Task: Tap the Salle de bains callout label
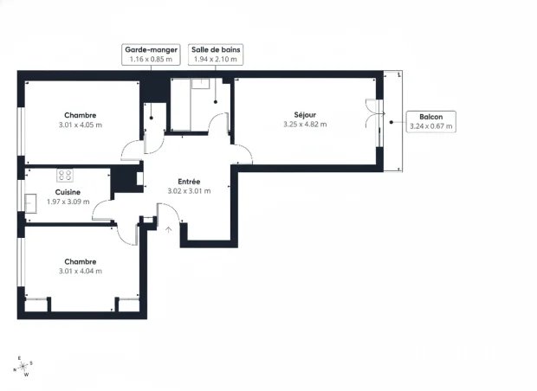(215, 55)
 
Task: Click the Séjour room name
(304, 115)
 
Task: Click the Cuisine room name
(68, 192)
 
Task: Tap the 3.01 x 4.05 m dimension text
(80, 125)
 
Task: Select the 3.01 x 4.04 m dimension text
(80, 271)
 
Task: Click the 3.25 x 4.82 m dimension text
(304, 125)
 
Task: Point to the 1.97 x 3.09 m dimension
(68, 202)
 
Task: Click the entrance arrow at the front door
(168, 229)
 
